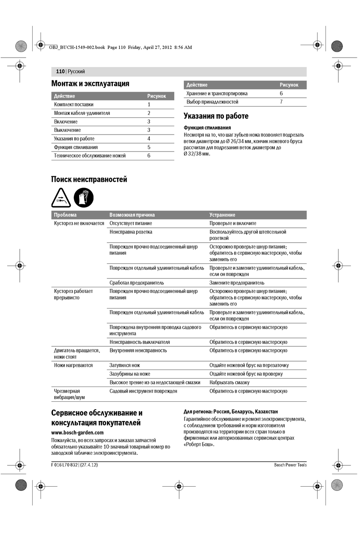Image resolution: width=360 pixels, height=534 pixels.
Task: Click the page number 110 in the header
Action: pyautogui.click(x=60, y=71)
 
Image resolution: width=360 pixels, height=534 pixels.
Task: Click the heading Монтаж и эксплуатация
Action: pyautogui.click(x=90, y=84)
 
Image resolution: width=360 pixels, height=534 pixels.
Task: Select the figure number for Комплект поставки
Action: pyautogui.click(x=149, y=105)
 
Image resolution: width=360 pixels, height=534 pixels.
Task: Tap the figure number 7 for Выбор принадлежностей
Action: pyautogui.click(x=281, y=102)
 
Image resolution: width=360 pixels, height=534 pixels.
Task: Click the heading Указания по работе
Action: pyautogui.click(x=216, y=116)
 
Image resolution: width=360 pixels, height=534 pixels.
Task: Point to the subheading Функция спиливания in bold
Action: pyautogui.click(x=207, y=128)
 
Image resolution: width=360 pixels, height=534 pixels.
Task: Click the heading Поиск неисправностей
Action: pyautogui.click(x=89, y=180)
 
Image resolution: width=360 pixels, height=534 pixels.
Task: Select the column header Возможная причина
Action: pyautogui.click(x=132, y=215)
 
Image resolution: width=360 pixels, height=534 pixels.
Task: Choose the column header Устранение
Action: pyautogui.click(x=222, y=215)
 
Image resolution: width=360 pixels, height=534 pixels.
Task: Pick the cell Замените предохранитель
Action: pyautogui.click(x=237, y=283)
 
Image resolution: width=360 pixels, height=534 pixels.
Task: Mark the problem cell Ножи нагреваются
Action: pyautogui.click(x=73, y=365)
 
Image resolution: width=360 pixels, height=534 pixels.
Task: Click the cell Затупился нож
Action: pyautogui.click(x=125, y=365)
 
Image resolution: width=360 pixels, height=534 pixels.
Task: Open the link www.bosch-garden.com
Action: pyautogui.click(x=77, y=432)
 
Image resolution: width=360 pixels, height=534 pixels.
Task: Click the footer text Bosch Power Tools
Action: pyautogui.click(x=290, y=465)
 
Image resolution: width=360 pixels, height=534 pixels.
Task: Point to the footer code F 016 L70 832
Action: pyautogui.click(x=64, y=465)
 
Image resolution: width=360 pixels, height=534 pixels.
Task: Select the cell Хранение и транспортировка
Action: pyautogui.click(x=217, y=94)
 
